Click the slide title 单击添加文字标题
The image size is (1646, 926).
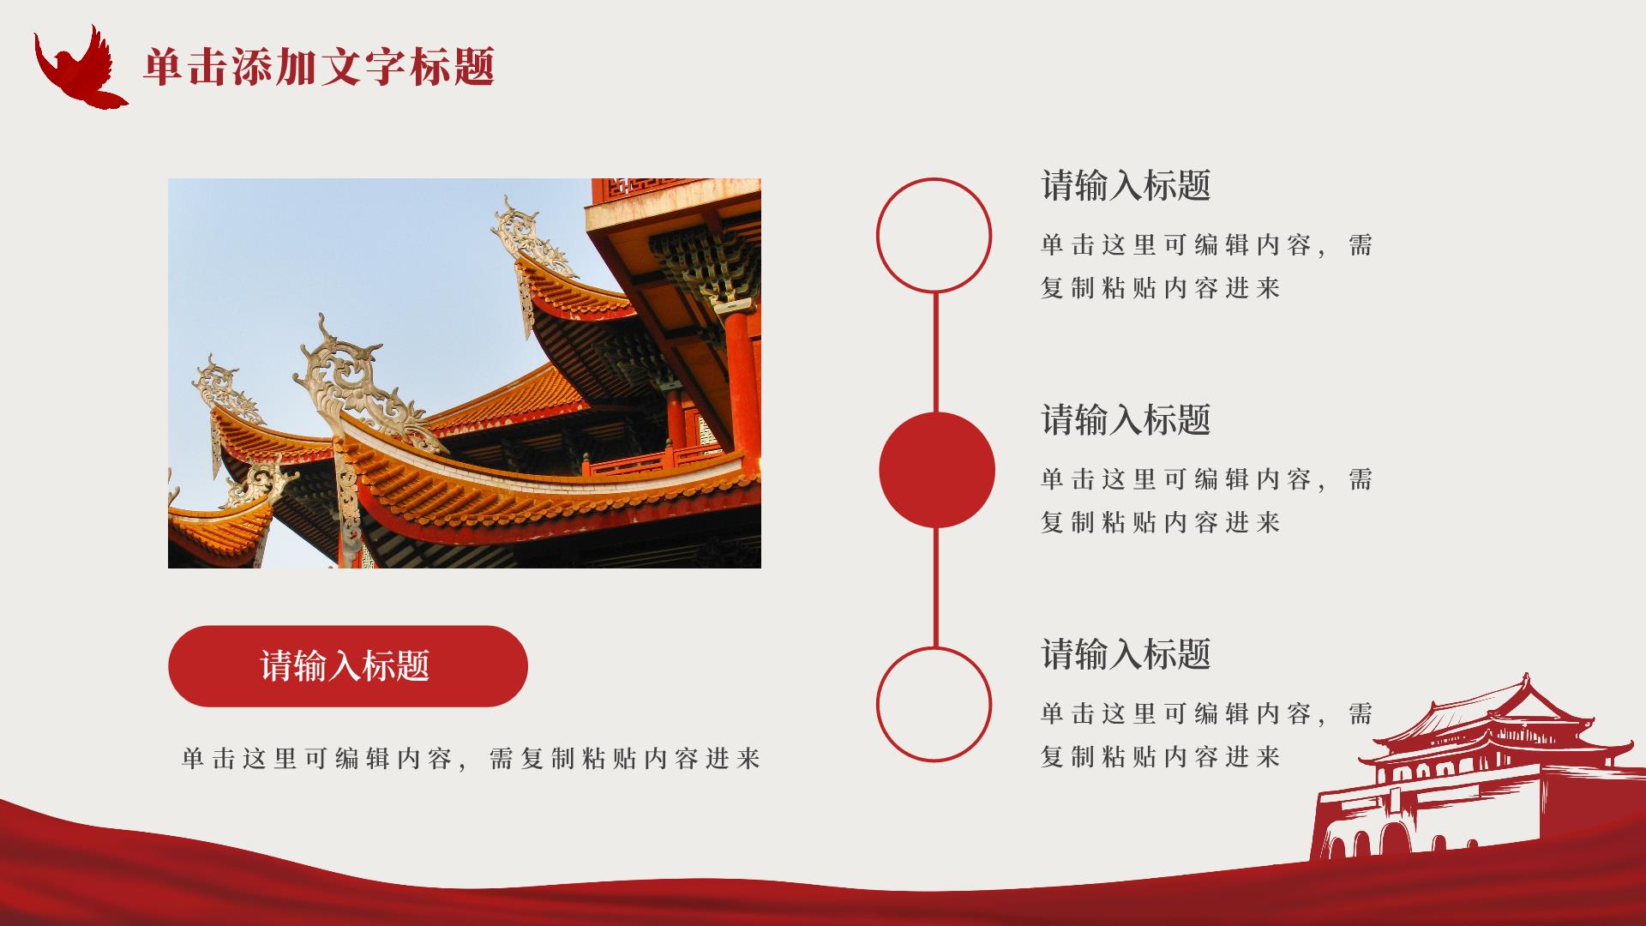pyautogui.click(x=319, y=67)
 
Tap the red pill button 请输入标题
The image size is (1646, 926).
pyautogui.click(x=347, y=666)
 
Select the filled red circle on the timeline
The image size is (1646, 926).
pyautogui.click(x=937, y=470)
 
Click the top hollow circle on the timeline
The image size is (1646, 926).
pyautogui.click(x=878, y=235)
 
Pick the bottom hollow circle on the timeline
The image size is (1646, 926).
pyautogui.click(x=878, y=704)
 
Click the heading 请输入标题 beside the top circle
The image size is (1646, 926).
pyautogui.click(x=1126, y=186)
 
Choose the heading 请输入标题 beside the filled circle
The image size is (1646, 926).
pyautogui.click(x=1126, y=420)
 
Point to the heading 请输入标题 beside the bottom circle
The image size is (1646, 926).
pyautogui.click(x=1126, y=654)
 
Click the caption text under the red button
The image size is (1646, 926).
pyautogui.click(x=472, y=759)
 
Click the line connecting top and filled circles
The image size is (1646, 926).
pyautogui.click(x=934, y=352)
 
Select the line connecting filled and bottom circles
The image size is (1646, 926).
pyautogui.click(x=934, y=587)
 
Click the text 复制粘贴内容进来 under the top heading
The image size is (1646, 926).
pyautogui.click(x=1160, y=288)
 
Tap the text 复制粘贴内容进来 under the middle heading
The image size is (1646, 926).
pyautogui.click(x=1160, y=522)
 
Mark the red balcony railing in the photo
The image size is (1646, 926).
pyautogui.click(x=656, y=460)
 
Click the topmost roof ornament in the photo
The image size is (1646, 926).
pyautogui.click(x=532, y=236)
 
